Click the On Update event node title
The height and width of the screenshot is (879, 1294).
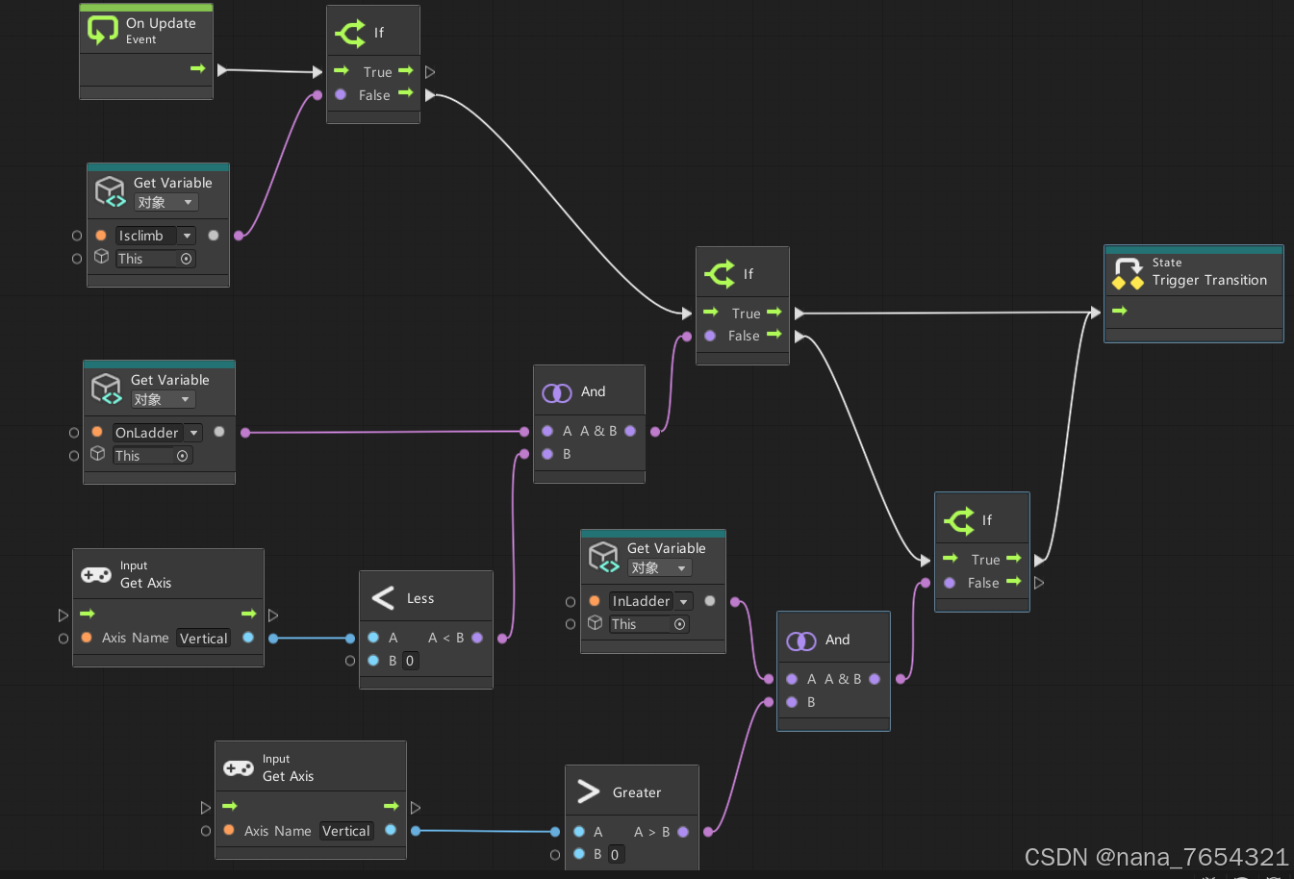(x=160, y=23)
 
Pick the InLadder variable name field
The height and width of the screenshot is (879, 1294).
(x=642, y=601)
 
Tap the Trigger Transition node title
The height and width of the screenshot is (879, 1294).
(x=1209, y=280)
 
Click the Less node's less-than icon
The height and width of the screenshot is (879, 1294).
(x=383, y=598)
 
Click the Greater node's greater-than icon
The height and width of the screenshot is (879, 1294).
(x=588, y=791)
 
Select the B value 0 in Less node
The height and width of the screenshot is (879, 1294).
(x=410, y=661)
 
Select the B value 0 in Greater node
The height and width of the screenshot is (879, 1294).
(x=615, y=854)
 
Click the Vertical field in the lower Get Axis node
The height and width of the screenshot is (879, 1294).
(x=345, y=831)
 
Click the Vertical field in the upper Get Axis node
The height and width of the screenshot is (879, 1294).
(x=203, y=638)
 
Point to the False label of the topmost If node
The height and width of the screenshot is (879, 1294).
(x=374, y=95)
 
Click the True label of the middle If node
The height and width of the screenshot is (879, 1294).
(x=746, y=314)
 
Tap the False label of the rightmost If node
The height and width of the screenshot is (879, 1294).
(x=982, y=583)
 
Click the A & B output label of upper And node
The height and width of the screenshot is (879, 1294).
(x=598, y=431)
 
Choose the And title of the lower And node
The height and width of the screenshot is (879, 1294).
(x=837, y=640)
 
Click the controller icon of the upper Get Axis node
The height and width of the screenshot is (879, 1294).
(x=96, y=575)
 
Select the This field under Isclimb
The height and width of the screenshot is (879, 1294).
(x=144, y=259)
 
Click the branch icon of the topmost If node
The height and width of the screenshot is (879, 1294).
(x=350, y=33)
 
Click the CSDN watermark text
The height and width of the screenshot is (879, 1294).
(x=1155, y=857)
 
